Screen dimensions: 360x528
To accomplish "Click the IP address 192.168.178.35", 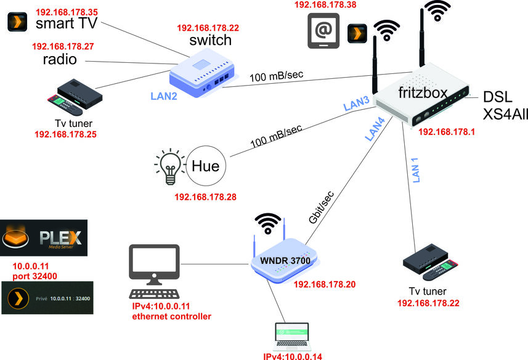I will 67,12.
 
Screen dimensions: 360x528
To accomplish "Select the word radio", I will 60,60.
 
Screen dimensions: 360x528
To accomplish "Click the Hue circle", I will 206,166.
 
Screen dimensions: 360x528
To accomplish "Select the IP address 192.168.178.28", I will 206,198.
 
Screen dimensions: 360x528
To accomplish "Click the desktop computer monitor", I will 154,264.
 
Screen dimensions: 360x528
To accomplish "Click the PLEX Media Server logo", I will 44,239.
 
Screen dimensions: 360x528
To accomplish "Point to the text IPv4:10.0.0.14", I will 293,356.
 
